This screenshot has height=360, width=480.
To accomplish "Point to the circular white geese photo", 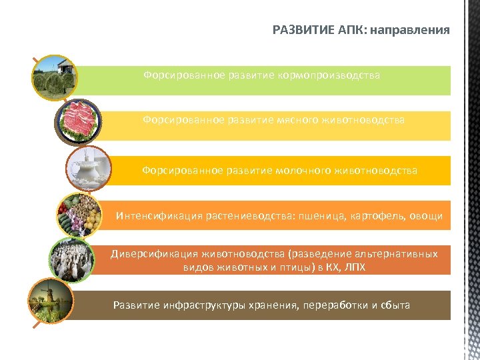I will [x=71, y=259].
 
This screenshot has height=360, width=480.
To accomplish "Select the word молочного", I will [x=303, y=171].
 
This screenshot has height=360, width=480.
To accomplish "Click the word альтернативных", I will [x=396, y=254].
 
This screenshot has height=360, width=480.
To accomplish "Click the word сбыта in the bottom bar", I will [x=396, y=305].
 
